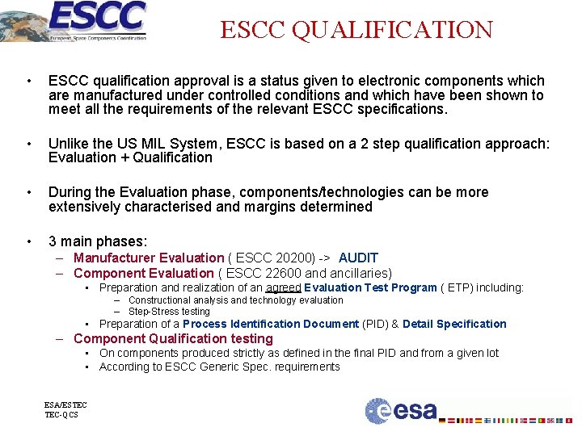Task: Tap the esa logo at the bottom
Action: (401, 411)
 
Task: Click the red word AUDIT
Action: (358, 258)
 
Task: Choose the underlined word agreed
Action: (283, 287)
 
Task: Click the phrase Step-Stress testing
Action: (169, 311)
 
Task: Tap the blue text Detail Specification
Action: (454, 324)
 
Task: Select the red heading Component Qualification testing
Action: (173, 338)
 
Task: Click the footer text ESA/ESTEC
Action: (66, 405)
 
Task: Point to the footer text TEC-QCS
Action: (61, 415)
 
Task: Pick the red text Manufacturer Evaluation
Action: (149, 258)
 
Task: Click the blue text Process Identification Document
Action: (271, 324)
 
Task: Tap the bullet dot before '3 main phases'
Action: (29, 241)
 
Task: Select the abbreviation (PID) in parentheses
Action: (374, 324)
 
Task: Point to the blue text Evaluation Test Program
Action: (371, 287)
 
